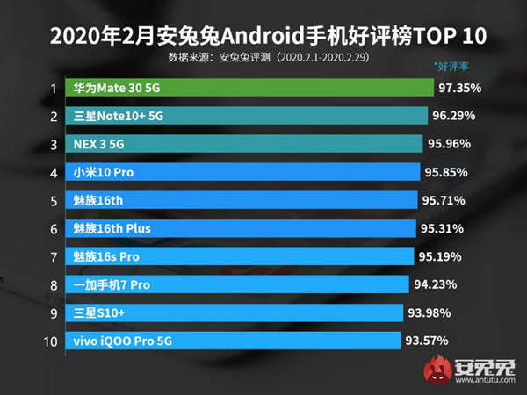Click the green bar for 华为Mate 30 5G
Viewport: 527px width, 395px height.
250,89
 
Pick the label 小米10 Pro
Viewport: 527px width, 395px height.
104,172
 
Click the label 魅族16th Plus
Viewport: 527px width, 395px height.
112,228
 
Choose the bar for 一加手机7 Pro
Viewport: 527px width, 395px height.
237,284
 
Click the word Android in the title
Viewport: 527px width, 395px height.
257,38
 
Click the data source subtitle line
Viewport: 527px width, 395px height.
263,58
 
